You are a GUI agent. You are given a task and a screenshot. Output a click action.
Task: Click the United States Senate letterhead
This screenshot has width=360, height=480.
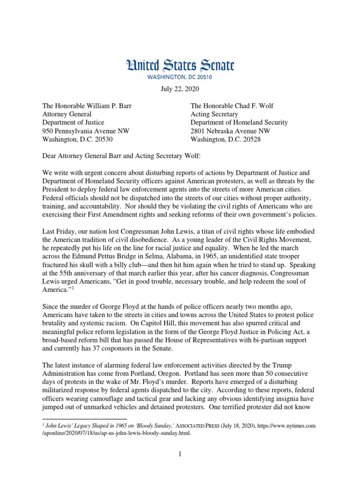[x=180, y=66]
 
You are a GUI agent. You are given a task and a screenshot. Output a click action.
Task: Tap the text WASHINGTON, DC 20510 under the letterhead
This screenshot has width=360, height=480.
[x=180, y=77]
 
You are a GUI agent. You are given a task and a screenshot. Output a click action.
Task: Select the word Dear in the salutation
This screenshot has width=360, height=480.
[x=51, y=156]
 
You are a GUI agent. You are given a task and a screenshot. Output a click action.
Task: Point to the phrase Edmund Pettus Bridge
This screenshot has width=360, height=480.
[x=109, y=256]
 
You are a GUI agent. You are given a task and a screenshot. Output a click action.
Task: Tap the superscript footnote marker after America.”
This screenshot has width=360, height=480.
[x=73, y=288]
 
